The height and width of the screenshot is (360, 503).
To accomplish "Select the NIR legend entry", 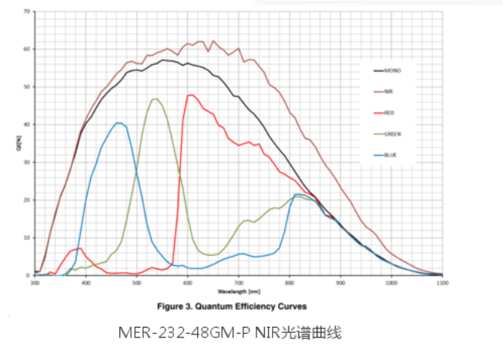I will (390, 91).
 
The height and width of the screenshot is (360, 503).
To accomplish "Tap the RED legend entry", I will (390, 113).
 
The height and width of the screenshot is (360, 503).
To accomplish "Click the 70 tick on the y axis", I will (26, 12).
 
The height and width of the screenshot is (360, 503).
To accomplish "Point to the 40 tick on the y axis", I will (26, 124).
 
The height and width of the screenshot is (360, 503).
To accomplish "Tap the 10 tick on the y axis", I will (26, 237).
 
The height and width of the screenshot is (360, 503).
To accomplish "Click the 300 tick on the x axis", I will (35, 283).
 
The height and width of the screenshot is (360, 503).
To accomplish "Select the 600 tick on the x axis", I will (188, 283).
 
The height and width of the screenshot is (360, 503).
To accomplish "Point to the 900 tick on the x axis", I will (340, 283).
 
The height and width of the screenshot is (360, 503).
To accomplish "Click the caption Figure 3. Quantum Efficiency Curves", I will (232, 306).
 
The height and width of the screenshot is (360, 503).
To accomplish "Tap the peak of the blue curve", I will (119, 123).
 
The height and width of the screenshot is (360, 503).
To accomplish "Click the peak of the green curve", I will (156, 99).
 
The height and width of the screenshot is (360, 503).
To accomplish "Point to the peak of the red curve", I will (191, 95).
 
